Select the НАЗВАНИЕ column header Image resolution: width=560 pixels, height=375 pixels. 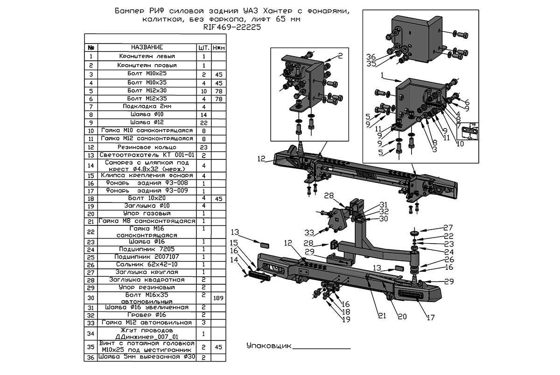[x=147, y=48]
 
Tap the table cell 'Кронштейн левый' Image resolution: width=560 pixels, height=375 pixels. [x=147, y=57]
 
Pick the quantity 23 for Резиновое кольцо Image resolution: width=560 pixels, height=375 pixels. [x=204, y=146]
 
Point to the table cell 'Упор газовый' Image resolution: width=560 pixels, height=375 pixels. [x=147, y=214]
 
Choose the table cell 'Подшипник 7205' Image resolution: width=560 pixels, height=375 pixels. [x=147, y=249]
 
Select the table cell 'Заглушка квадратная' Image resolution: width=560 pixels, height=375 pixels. [x=147, y=280]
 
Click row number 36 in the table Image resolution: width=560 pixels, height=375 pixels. [x=91, y=357]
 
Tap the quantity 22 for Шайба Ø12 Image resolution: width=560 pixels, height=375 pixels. [x=204, y=123]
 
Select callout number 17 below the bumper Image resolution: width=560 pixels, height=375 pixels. [x=430, y=317]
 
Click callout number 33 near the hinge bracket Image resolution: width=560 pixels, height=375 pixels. [x=309, y=232]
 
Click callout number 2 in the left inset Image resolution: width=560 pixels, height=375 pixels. [x=340, y=56]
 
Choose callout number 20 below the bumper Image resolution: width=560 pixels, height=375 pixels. [x=402, y=316]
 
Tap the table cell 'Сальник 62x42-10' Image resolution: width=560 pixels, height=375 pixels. [x=147, y=265]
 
